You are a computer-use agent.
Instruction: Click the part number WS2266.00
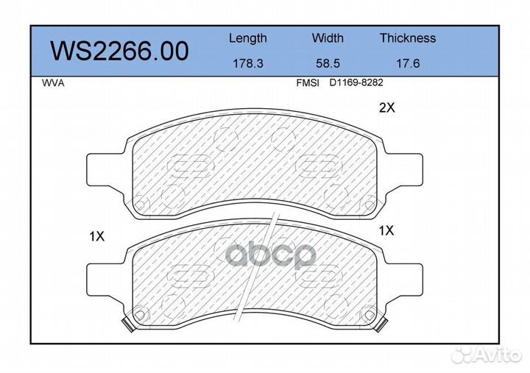pos(120,51)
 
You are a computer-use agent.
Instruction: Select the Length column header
pos(248,38)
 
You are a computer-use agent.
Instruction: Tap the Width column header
pos(328,38)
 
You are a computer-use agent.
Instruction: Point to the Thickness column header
pos(408,38)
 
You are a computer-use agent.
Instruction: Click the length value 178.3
pos(248,63)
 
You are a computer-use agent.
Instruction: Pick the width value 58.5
pos(328,63)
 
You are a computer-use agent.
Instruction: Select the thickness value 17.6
pos(408,63)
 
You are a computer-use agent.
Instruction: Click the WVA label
pos(53,83)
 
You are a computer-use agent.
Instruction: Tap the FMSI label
pos(308,83)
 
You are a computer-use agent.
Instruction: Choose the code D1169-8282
pos(356,83)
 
